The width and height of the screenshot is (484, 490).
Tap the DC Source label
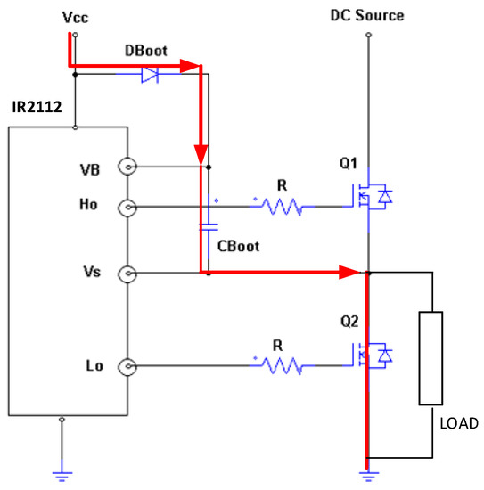coord(367,15)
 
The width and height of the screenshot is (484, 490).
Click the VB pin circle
coord(130,167)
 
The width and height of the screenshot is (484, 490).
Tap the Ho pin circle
coord(130,208)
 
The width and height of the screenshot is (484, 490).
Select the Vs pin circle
coord(130,274)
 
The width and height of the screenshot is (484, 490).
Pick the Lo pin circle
coord(130,365)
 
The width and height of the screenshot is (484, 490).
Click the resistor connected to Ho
coord(283,208)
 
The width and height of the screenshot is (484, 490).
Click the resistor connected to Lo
coord(283,365)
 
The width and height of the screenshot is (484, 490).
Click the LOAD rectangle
coord(432,357)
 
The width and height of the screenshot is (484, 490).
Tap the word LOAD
coord(459,423)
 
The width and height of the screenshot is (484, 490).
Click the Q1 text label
coord(349,163)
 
